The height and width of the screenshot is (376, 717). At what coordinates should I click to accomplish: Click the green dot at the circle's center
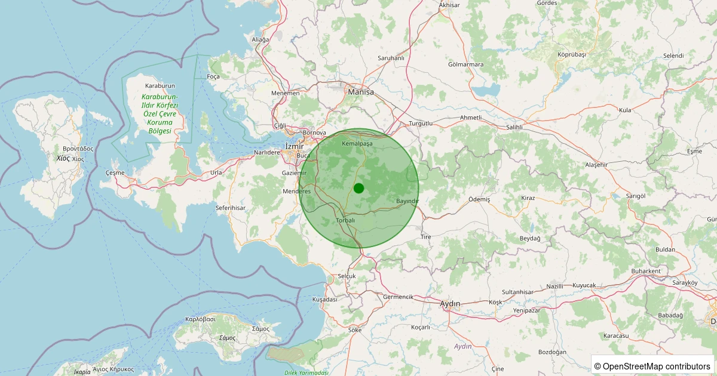point(358,189)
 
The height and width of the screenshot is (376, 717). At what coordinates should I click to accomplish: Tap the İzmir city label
point(293,146)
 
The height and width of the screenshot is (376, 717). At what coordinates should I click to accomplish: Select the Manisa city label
point(361,93)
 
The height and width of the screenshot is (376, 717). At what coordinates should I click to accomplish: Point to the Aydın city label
point(450,304)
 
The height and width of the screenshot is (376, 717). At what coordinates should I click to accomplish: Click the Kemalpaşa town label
point(357,144)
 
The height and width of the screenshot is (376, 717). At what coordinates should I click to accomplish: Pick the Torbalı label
point(346,220)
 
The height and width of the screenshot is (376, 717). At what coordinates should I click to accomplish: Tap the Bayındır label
point(407,201)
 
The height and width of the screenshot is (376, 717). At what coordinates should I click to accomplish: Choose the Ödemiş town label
point(479,199)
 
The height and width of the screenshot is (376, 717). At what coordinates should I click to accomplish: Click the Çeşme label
point(115,172)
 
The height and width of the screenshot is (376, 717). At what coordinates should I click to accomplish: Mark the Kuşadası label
point(325,300)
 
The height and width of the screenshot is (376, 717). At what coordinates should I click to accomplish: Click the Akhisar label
point(449,5)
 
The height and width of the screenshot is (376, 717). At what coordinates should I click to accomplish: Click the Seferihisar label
point(231,208)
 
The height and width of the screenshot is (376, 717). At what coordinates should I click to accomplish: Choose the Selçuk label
point(347,276)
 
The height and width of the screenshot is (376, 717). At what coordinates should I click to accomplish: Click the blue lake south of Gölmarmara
point(485,91)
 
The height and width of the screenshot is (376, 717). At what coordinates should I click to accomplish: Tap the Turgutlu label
point(421,124)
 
